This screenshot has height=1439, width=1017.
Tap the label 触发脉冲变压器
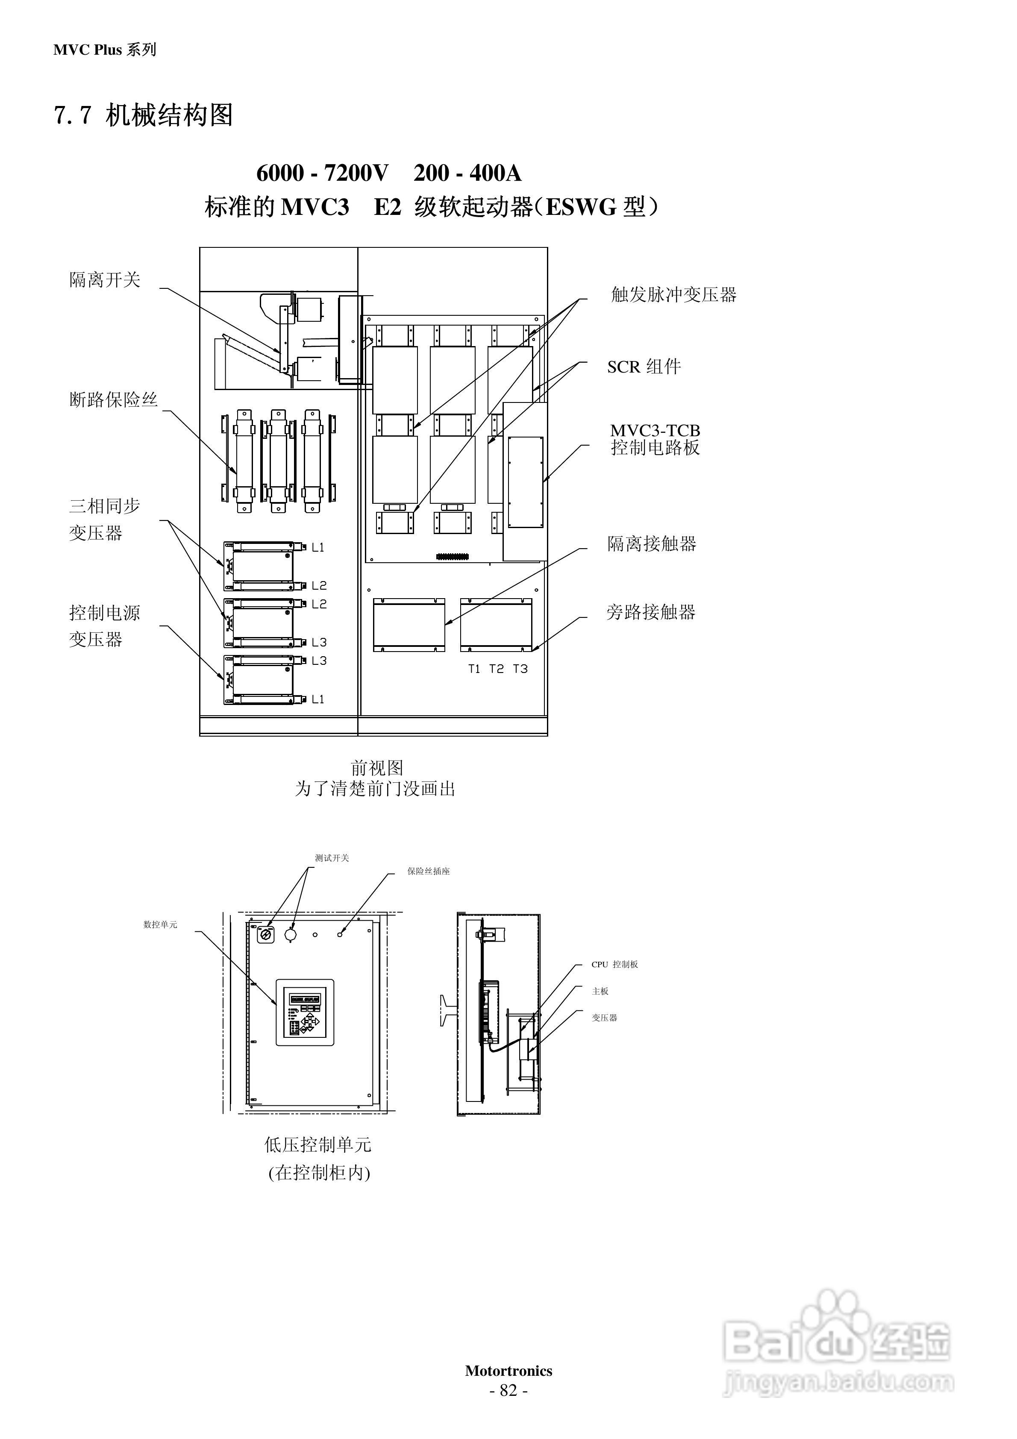[673, 294]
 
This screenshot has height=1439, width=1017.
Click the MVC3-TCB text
[655, 431]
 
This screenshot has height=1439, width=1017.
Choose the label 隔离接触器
[652, 543]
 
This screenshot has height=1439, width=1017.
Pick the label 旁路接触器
[651, 612]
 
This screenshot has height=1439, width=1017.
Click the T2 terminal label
[496, 669]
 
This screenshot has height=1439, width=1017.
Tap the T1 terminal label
[474, 669]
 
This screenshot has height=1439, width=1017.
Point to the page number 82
[508, 1390]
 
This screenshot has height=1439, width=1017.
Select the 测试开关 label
[332, 858]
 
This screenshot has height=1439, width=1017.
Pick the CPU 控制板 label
[614, 965]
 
